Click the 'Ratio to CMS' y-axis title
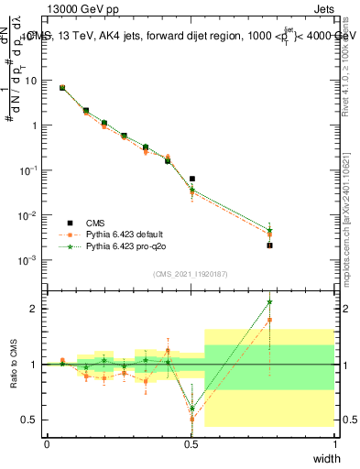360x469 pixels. pyautogui.click(x=14, y=364)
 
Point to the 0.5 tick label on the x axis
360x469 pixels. pyautogui.click(x=191, y=444)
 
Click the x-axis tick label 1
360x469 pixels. pyautogui.click(x=334, y=444)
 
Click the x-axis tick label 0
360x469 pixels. pyautogui.click(x=48, y=444)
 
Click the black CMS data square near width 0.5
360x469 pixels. pyautogui.click(x=191, y=180)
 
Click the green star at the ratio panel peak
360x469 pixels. pyautogui.click(x=269, y=301)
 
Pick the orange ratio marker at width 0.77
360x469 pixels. pyautogui.click(x=269, y=320)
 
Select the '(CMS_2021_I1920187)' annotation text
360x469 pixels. pyautogui.click(x=190, y=273)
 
